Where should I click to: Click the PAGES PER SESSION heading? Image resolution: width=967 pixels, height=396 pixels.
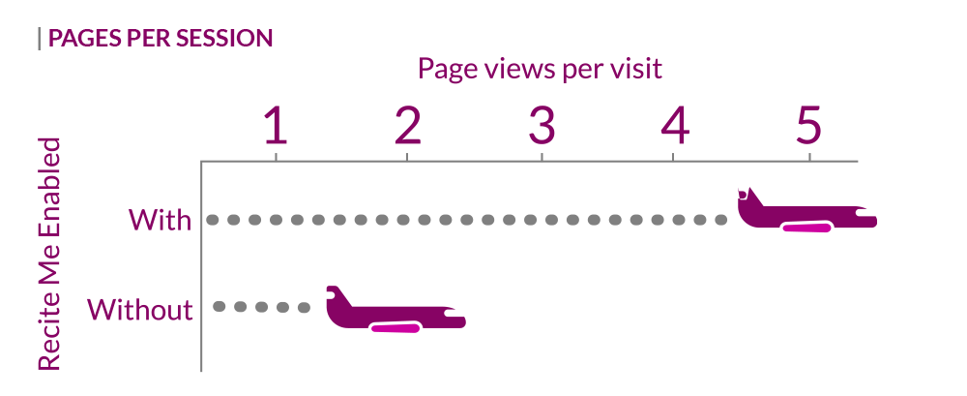click(161, 39)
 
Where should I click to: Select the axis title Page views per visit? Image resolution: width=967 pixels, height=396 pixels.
click(540, 69)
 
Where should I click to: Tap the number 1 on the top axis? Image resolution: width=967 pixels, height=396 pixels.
click(276, 126)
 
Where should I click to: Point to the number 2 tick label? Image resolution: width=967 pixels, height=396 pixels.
click(407, 126)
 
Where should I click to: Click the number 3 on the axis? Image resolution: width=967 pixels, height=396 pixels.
click(542, 126)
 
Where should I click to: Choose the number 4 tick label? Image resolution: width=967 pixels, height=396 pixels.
click(675, 126)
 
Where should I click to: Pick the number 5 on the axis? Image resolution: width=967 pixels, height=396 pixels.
click(808, 126)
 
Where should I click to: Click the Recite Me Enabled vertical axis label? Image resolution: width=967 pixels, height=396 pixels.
click(49, 254)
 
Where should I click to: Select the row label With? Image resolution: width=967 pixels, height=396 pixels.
click(160, 220)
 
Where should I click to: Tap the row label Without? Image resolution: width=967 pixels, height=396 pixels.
click(140, 309)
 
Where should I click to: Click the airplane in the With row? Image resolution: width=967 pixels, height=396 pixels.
click(806, 210)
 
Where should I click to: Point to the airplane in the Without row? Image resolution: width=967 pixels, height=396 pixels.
click(396, 310)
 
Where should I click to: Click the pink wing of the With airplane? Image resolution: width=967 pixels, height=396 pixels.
click(806, 228)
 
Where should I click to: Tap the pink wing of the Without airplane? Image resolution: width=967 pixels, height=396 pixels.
click(396, 327)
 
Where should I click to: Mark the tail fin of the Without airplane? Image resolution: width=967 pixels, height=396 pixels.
click(337, 296)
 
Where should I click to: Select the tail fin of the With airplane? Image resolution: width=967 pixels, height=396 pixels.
click(748, 198)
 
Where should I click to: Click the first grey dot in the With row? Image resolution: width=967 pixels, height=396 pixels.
click(213, 220)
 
